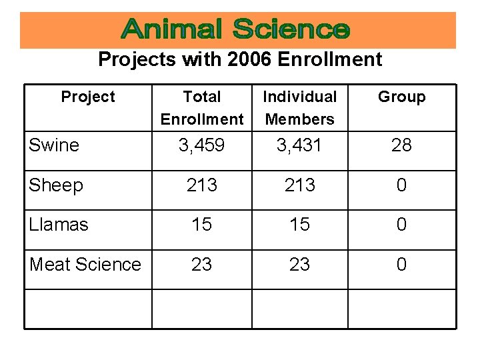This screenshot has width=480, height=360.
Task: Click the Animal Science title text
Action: click(237, 30)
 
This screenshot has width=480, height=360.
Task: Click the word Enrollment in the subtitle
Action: click(329, 59)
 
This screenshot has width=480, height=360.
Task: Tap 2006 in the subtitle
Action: click(249, 59)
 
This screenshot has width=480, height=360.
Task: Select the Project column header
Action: click(88, 97)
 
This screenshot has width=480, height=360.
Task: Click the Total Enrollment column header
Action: click(202, 108)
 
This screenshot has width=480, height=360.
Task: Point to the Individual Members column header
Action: click(299, 108)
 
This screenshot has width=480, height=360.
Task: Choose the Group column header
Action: click(401, 97)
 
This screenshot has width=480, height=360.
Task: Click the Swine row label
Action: click(54, 145)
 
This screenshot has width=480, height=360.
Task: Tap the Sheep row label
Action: click(56, 185)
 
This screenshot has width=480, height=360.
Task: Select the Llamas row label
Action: click(59, 225)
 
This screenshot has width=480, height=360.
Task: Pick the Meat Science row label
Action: click(85, 265)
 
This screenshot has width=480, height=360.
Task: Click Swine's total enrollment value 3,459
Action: click(202, 145)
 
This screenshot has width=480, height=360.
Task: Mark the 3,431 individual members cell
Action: click(299, 145)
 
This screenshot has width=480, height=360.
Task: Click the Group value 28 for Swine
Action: click(401, 145)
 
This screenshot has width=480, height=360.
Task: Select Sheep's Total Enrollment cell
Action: click(202, 185)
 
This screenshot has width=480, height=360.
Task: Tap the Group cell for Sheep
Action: click(401, 185)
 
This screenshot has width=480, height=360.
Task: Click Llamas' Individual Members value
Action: click(299, 225)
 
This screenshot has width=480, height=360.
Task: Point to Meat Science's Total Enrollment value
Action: click(202, 265)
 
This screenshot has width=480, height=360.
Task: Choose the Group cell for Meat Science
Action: click(401, 265)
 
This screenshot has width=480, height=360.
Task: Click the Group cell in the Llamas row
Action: click(401, 225)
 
